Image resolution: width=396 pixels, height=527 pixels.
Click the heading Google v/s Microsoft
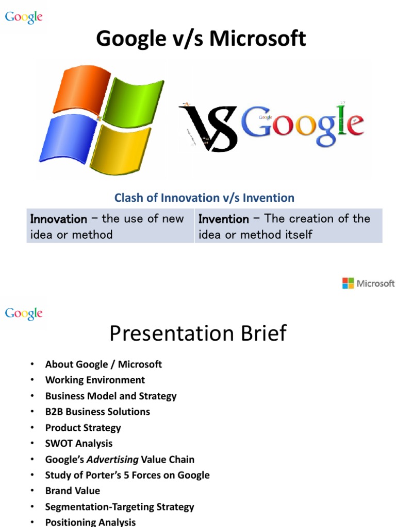coord(201,39)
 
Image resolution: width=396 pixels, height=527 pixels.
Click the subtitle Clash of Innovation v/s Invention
coord(204,198)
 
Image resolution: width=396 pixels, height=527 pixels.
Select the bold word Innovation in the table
coord(59,219)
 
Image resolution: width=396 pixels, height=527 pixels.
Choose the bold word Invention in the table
coord(224,219)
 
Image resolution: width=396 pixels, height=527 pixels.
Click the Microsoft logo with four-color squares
coord(368,283)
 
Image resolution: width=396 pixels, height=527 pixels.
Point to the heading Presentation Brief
coord(198,333)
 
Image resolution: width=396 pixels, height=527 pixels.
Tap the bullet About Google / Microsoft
coord(104,364)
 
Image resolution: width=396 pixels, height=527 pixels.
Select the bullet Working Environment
coord(95,380)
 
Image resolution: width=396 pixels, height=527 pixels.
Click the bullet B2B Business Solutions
coord(97,412)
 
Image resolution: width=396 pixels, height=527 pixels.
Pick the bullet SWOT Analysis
coord(79,443)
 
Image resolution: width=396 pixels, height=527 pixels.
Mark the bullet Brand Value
coord(73,490)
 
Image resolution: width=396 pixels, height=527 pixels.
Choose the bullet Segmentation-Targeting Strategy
coord(120,506)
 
